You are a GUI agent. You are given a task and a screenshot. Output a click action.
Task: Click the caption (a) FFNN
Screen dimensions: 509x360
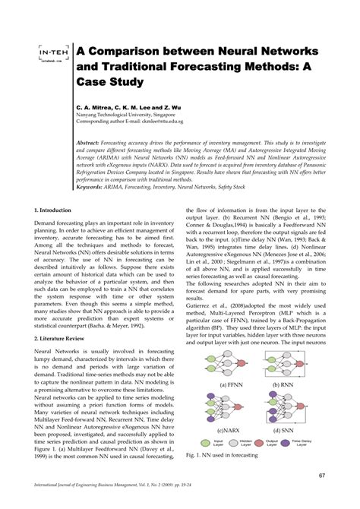tap(229, 385)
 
